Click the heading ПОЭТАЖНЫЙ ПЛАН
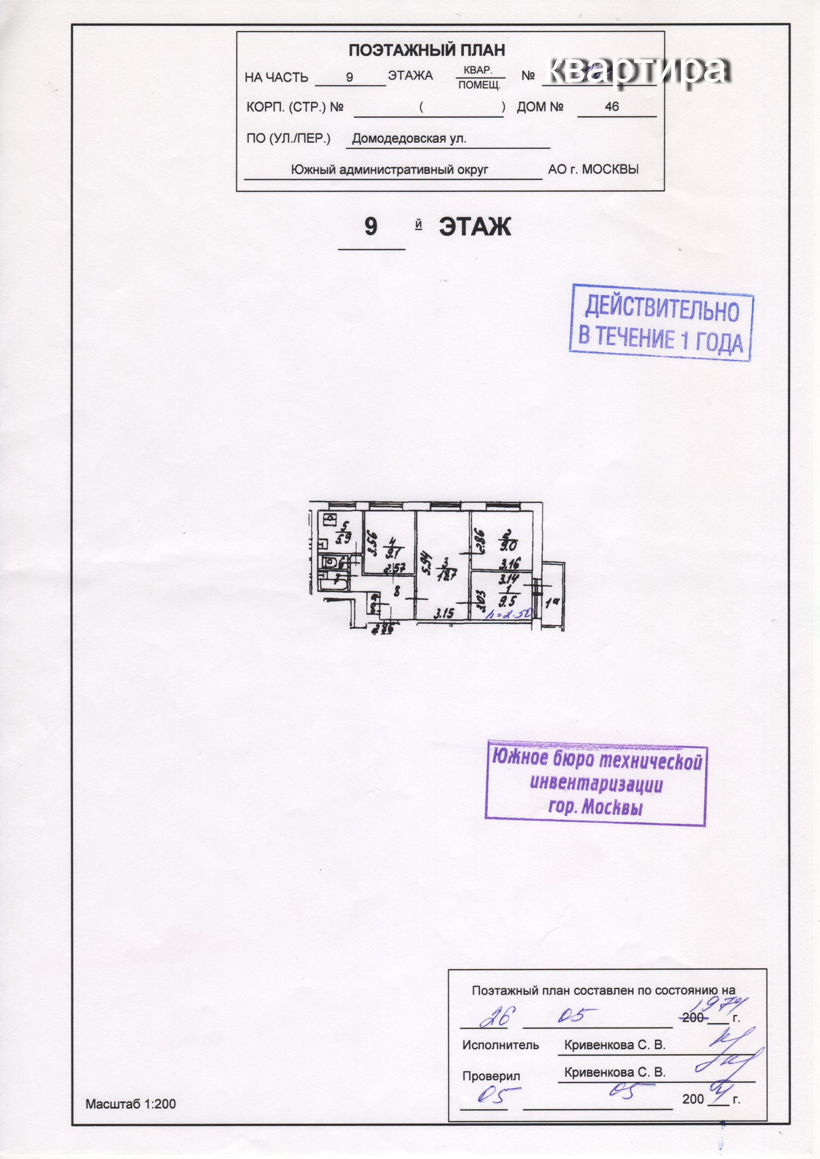click(427, 50)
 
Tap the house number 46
click(612, 107)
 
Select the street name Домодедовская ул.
click(409, 138)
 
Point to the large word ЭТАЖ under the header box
click(474, 227)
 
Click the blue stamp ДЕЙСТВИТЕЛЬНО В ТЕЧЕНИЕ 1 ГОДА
click(661, 323)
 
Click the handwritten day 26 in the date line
click(494, 1019)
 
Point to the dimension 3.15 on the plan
click(444, 613)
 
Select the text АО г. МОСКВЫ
click(593, 169)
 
